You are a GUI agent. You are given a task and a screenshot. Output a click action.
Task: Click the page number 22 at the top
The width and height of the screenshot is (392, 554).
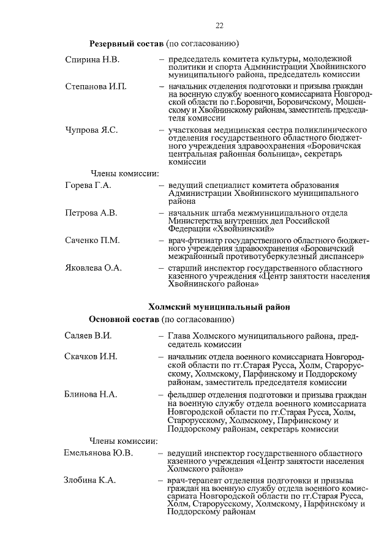[x=219, y=24]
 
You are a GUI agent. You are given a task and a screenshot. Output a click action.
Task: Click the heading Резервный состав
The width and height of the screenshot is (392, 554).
[x=126, y=45]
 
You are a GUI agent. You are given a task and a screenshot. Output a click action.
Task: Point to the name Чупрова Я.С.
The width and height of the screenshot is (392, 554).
[x=91, y=130]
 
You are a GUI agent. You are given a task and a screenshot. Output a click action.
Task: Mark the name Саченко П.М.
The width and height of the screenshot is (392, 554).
[x=92, y=240]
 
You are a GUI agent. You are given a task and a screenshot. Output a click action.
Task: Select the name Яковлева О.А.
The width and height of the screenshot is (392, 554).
[x=94, y=268]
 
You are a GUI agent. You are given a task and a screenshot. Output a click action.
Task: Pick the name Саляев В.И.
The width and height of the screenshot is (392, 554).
[x=88, y=336]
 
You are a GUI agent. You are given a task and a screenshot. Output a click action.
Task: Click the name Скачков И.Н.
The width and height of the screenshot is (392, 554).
[x=91, y=356]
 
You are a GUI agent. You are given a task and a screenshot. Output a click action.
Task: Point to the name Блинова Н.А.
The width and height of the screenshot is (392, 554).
[x=91, y=394]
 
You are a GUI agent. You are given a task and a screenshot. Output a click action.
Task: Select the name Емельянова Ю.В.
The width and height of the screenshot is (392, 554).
[x=98, y=453]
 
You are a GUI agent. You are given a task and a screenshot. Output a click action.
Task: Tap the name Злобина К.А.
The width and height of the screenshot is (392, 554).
[x=90, y=481]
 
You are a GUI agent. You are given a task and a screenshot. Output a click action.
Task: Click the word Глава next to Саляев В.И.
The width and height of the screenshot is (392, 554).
[x=179, y=336]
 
